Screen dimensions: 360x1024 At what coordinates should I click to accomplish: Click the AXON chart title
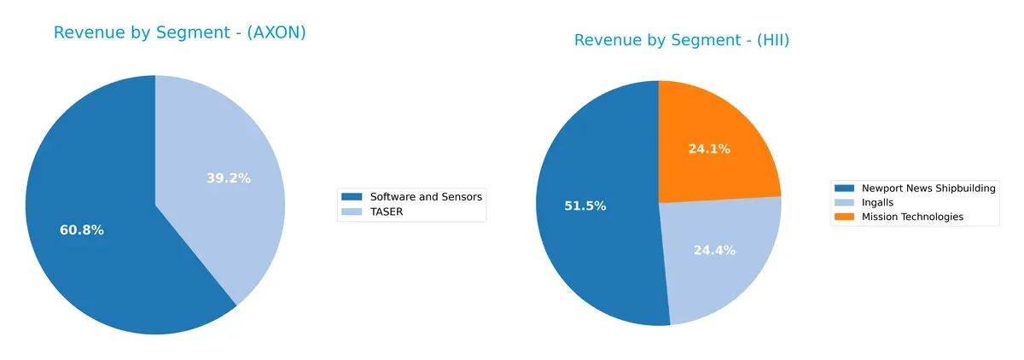click(179, 33)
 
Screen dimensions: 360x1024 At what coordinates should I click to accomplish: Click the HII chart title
click(687, 40)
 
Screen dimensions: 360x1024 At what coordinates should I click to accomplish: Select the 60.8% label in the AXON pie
click(81, 230)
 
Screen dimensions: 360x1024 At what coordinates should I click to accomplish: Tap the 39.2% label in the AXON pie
click(229, 178)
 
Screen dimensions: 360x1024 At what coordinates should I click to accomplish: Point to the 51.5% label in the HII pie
click(585, 206)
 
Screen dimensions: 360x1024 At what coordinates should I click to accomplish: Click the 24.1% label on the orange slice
click(709, 148)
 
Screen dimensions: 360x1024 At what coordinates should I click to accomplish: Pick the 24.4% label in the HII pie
click(713, 250)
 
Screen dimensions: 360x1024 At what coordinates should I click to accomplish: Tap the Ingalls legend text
click(879, 202)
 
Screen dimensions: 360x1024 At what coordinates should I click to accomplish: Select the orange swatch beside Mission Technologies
click(844, 217)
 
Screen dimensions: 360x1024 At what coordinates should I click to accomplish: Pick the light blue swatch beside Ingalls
click(844, 202)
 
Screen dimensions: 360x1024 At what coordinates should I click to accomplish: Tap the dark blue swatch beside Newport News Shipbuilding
click(844, 189)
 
